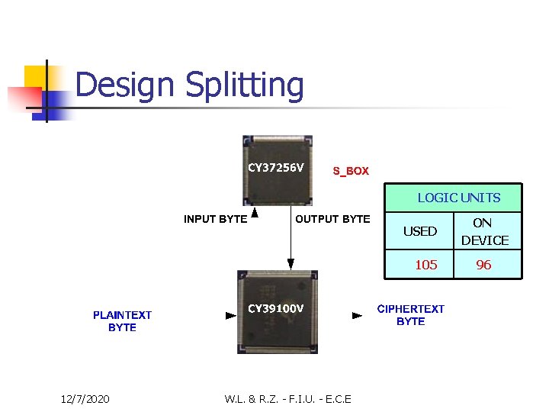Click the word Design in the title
127,85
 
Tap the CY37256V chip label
276,167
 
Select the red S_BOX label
351,171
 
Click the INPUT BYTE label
215,219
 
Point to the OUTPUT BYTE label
332,219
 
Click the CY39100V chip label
276,308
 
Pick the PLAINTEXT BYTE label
122,320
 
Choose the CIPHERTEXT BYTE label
411,314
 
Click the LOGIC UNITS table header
458,198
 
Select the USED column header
420,231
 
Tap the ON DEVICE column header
484,231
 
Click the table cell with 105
425,265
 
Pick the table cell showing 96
483,265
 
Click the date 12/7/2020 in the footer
85,399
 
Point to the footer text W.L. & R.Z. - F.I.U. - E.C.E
288,399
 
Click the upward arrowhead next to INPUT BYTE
255,214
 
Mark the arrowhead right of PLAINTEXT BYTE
231,315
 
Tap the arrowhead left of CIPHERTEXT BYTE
357,315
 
